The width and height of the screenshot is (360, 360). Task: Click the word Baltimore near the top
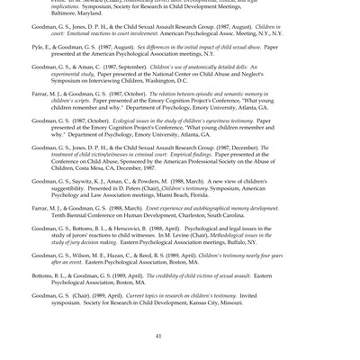click(67, 13)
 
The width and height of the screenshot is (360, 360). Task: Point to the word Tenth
click(60, 215)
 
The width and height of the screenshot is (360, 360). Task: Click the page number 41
click(158, 336)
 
